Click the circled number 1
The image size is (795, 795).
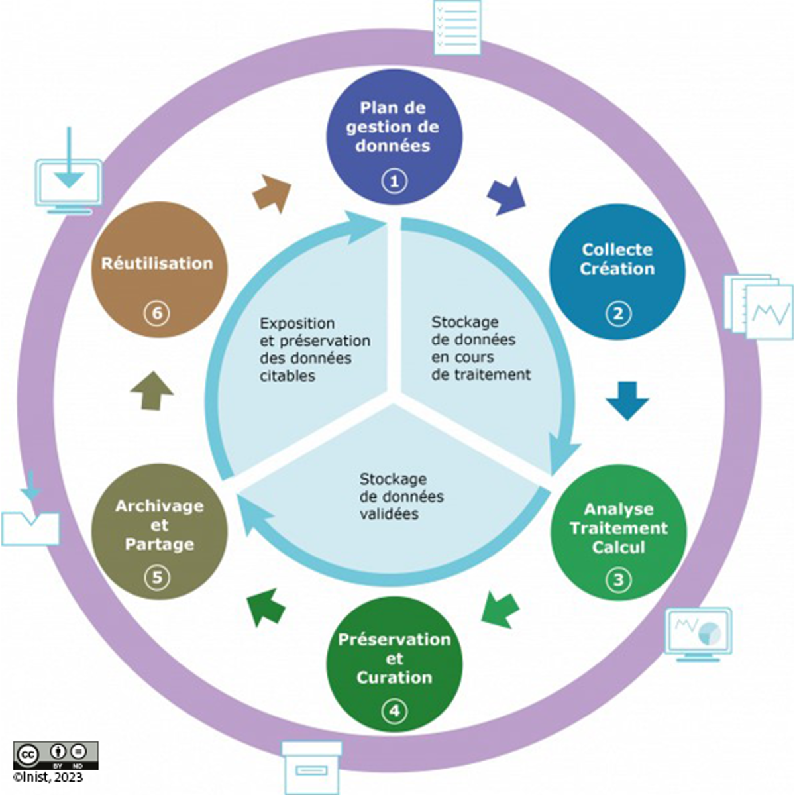click(395, 180)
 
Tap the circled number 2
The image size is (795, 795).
click(618, 313)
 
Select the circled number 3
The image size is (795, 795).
click(618, 580)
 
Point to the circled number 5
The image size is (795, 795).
click(157, 578)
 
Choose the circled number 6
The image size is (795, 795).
click(157, 313)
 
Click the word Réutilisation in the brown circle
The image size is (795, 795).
click(157, 263)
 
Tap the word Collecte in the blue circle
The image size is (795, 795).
click(617, 250)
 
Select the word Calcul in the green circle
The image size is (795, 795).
click(618, 547)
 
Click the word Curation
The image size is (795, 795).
click(394, 678)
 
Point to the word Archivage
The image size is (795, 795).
click(159, 506)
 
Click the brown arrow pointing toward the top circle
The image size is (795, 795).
click(272, 193)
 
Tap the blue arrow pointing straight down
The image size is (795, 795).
click(627, 399)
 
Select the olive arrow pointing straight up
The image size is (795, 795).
click(152, 390)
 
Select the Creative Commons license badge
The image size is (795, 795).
click(56, 755)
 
